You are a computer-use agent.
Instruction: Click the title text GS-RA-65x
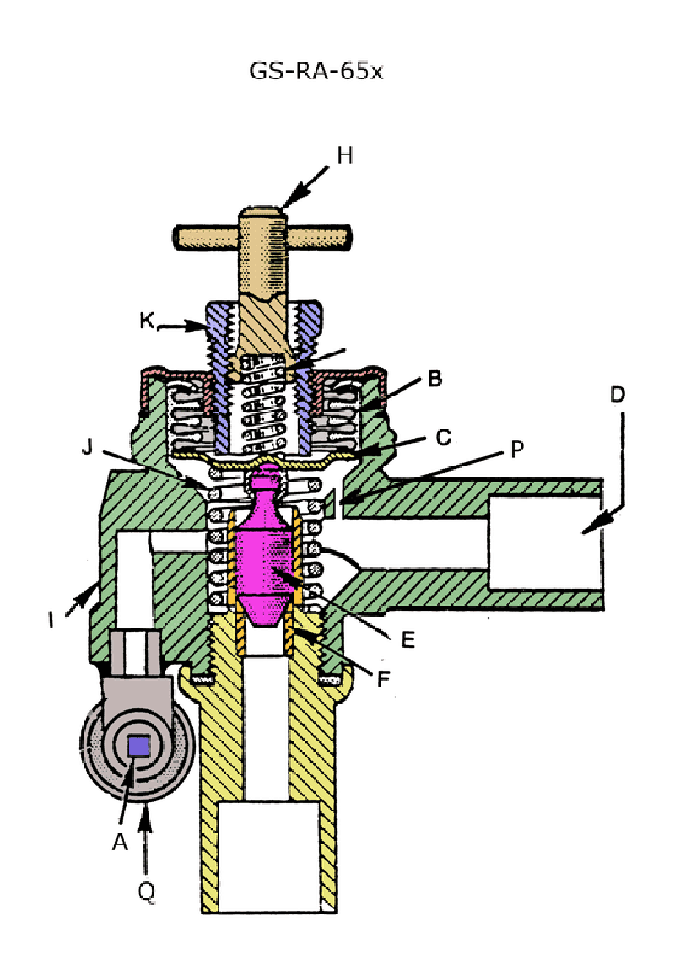(x=317, y=71)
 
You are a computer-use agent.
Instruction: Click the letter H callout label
(x=344, y=155)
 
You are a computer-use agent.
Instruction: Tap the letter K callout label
(x=146, y=321)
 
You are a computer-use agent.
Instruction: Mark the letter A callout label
(x=119, y=841)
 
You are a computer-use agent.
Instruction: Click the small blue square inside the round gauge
(x=138, y=746)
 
